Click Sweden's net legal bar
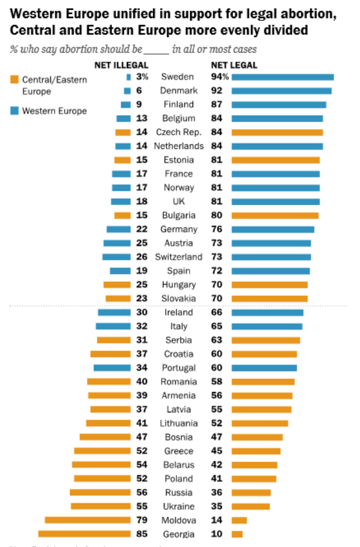click(x=282, y=77)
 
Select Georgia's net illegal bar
click(x=84, y=534)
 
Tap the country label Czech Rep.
click(x=179, y=132)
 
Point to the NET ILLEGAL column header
click(x=122, y=65)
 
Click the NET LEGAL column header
click(x=234, y=65)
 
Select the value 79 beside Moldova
click(x=141, y=520)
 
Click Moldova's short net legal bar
click(x=239, y=520)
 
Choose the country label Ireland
click(x=179, y=312)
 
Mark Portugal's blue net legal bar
click(x=264, y=367)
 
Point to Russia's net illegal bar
click(x=100, y=493)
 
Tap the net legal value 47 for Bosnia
click(x=216, y=437)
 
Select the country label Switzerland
click(x=179, y=257)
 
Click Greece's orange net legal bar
click(x=255, y=451)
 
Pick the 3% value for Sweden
click(x=141, y=77)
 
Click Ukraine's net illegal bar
click(x=100, y=506)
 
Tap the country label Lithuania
click(x=179, y=423)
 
